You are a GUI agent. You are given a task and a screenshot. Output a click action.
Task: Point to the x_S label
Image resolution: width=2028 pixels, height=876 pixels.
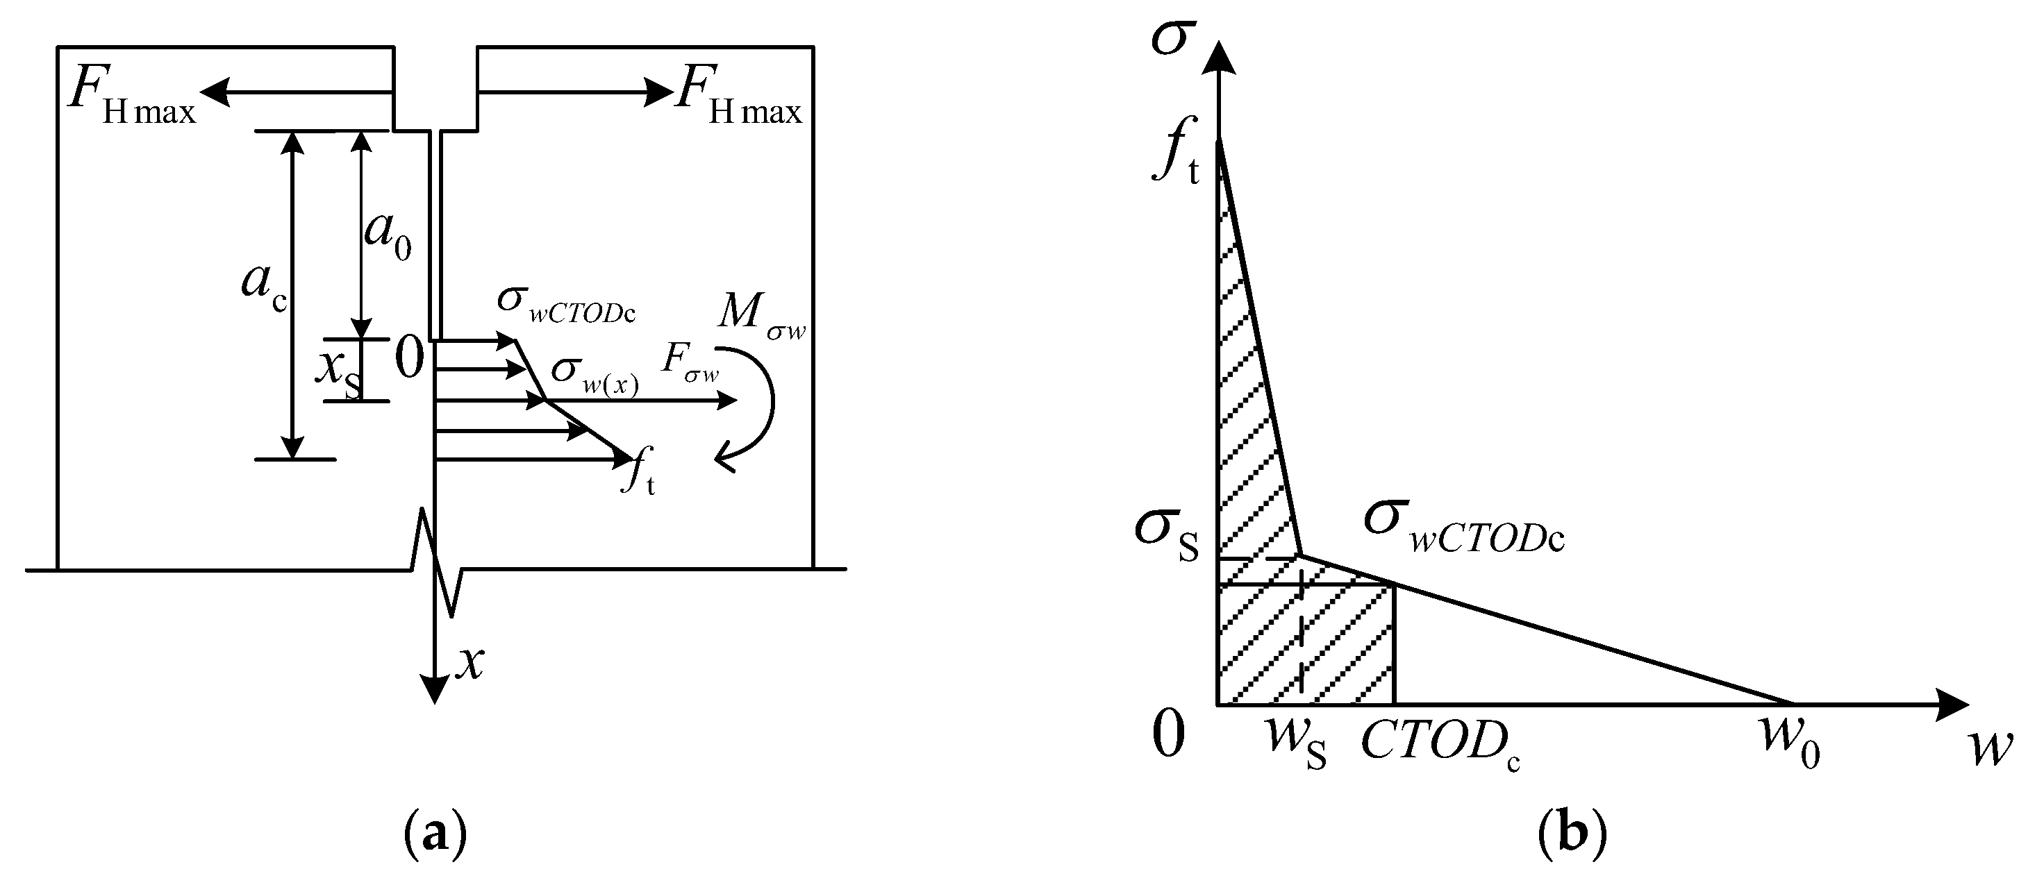(340, 371)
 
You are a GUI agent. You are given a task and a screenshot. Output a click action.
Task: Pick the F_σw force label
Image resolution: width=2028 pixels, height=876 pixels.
(690, 364)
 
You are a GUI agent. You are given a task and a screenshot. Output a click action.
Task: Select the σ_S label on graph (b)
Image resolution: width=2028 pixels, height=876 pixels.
(1166, 534)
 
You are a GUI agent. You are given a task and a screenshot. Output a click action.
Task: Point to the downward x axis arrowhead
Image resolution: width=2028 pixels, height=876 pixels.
(434, 689)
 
